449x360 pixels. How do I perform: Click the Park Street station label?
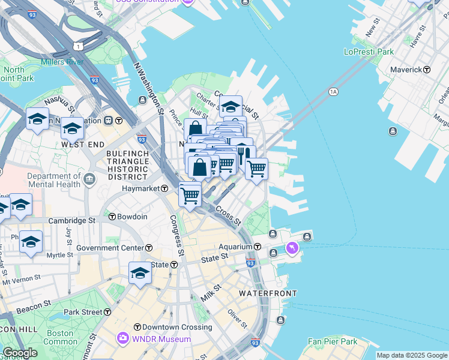point(83,312)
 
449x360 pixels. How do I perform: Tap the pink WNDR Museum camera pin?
point(124,339)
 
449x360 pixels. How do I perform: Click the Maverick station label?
point(406,70)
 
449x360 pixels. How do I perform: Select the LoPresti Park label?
point(369,52)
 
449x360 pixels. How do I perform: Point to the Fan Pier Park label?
point(333,341)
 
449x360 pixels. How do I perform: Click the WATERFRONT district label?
point(268,293)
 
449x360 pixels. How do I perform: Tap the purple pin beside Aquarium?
point(292,247)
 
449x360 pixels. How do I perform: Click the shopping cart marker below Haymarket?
point(190,195)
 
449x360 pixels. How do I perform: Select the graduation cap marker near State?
point(140,273)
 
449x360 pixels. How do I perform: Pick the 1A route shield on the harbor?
point(334,91)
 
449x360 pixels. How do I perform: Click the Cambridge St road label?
point(71,220)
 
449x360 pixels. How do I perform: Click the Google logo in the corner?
point(20,353)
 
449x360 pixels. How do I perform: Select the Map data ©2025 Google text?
point(412,355)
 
